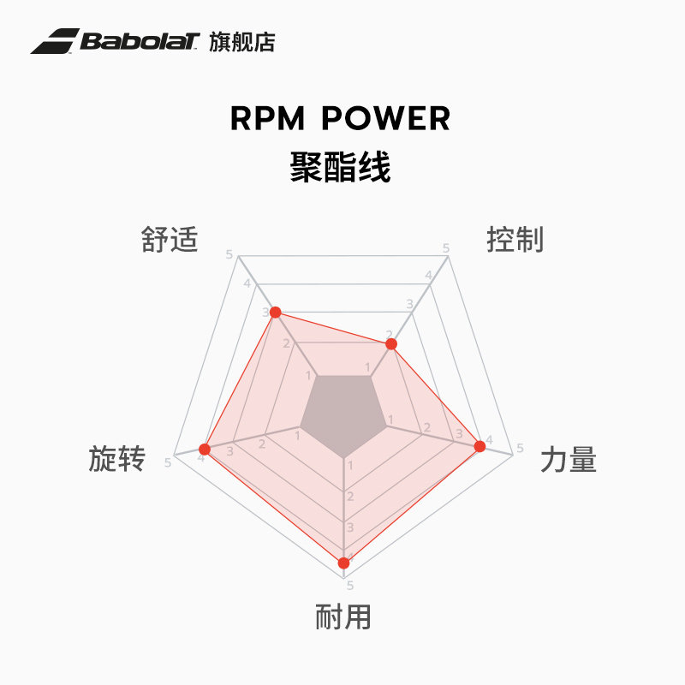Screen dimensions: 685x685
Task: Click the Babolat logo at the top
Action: coord(115,41)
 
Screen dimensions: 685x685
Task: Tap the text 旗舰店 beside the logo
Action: coord(242,42)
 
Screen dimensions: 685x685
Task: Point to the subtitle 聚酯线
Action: coord(341,168)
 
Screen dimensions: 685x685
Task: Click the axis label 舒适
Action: coord(170,240)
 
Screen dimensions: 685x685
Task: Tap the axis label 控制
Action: coord(515,240)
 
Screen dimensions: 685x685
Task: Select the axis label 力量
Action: coord(568,461)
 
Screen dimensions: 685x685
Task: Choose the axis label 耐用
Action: coord(343,616)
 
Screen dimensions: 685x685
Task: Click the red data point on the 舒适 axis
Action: coord(275,313)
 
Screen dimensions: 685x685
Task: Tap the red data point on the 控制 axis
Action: coord(391,344)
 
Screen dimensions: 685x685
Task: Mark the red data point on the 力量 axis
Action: coord(479,446)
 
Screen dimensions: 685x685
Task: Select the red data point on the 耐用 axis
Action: coord(343,563)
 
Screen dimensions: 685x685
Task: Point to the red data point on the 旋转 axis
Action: coord(204,450)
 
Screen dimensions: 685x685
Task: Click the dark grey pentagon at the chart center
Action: coord(342,415)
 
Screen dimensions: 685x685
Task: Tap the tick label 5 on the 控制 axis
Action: coord(446,248)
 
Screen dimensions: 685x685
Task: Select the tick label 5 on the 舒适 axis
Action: coord(229,254)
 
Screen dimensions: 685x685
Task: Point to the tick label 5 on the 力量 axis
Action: coord(520,448)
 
